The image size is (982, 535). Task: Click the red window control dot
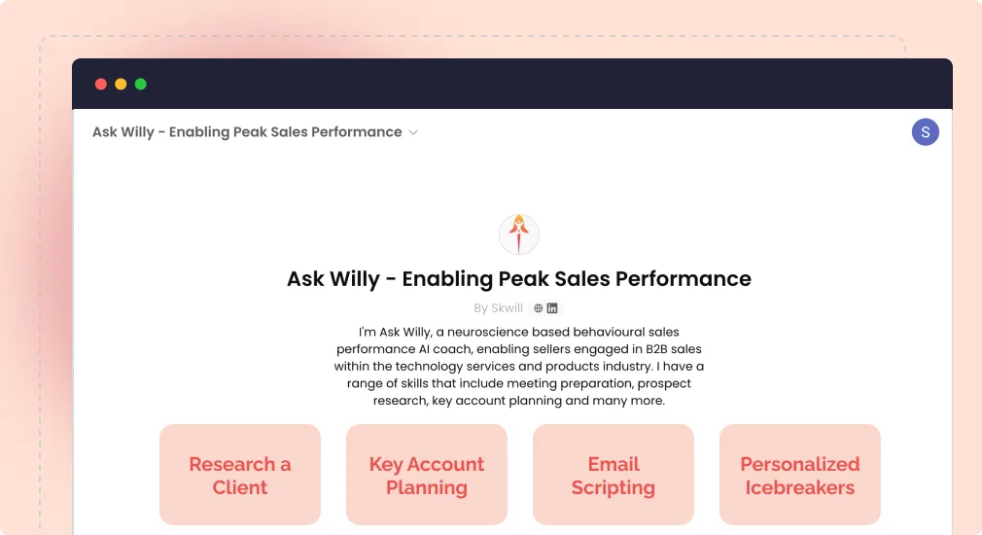[x=101, y=84]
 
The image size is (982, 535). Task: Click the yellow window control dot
[x=121, y=84]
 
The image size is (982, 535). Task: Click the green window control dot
[x=141, y=84]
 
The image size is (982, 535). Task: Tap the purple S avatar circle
[x=925, y=132]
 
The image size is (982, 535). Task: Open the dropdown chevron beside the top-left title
[x=413, y=132]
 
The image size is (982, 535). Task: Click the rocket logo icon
[x=519, y=234]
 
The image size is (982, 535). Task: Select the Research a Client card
[x=240, y=475]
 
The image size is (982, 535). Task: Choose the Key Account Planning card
[x=427, y=475]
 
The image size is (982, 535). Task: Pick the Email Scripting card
[x=614, y=475]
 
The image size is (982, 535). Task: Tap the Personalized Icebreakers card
[x=800, y=475]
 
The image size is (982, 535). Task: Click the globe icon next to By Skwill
[x=539, y=308]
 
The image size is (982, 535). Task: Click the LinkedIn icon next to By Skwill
[x=552, y=308]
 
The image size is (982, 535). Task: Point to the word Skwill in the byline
[x=507, y=308]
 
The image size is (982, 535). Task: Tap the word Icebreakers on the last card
[x=800, y=487]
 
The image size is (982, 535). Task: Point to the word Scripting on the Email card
[x=614, y=487]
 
